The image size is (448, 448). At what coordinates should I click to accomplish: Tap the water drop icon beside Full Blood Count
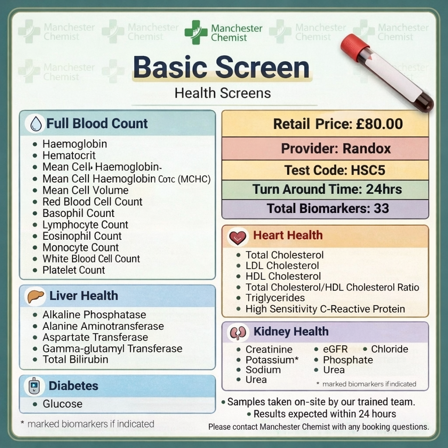tap(36, 124)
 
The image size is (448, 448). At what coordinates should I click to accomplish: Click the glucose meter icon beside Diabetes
tap(34, 386)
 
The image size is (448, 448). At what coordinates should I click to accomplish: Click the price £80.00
tap(379, 124)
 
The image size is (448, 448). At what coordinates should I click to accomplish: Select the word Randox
tap(367, 149)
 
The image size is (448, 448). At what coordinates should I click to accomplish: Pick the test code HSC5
tap(368, 170)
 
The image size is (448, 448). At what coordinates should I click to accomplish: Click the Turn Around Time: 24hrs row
tap(325, 189)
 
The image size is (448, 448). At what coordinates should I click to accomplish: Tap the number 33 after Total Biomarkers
tap(381, 208)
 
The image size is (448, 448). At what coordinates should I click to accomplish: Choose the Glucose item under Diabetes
tap(63, 404)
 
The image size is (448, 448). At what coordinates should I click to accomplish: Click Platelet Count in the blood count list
tap(73, 270)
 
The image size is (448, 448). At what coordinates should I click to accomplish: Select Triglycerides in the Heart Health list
tap(275, 298)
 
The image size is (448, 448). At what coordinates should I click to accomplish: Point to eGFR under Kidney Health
tap(335, 349)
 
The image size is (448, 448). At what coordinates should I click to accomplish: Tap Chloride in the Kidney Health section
tap(389, 349)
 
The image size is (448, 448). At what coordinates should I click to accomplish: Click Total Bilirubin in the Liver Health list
tap(75, 360)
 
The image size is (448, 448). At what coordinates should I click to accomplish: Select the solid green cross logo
tap(196, 32)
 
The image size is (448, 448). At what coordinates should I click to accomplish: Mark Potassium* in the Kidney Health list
tap(272, 360)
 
